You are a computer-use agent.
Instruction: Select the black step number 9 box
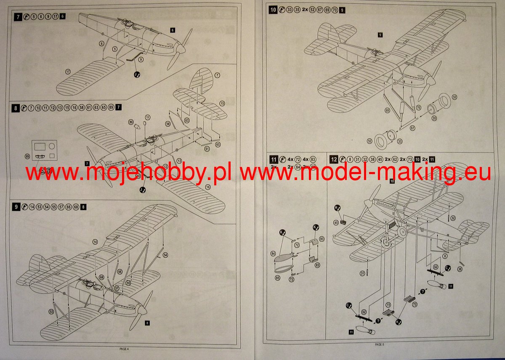(16, 206)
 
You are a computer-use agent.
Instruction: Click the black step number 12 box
(334, 159)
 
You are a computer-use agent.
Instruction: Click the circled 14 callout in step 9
(95, 242)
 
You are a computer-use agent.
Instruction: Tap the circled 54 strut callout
(165, 255)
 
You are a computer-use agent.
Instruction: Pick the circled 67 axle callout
(412, 128)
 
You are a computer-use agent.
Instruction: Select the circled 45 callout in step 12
(336, 222)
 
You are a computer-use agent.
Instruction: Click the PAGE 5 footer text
(379, 344)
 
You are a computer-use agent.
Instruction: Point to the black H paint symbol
(337, 208)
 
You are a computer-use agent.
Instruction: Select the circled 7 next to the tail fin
(217, 75)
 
